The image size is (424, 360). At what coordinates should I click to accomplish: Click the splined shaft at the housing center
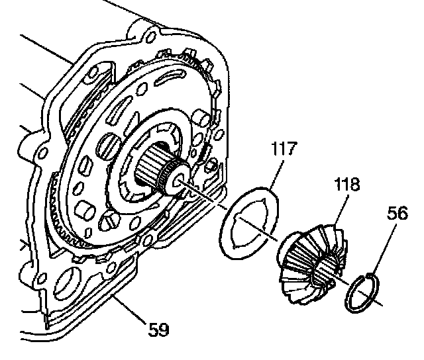point(156,172)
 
